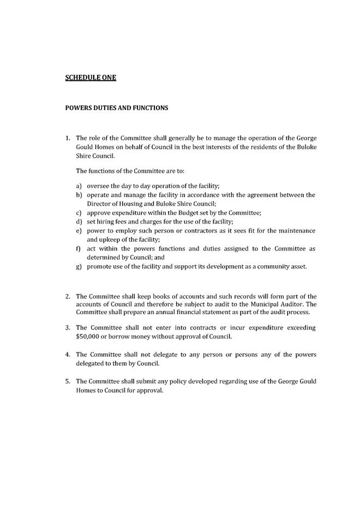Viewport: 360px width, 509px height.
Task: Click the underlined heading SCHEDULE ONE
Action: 91,77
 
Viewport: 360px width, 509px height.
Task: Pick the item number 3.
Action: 68,327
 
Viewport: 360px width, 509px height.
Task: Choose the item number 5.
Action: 68,381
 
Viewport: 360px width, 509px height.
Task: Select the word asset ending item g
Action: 298,266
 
